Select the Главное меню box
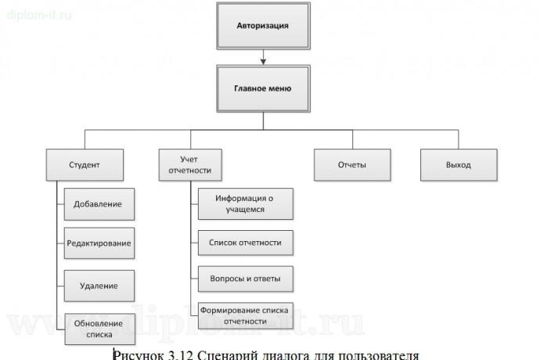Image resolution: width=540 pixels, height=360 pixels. [263, 88]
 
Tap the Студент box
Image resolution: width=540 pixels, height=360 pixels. [84, 165]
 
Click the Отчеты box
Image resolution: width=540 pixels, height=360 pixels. [352, 165]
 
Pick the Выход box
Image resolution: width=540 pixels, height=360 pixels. [458, 165]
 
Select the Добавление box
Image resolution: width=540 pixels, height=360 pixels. [98, 204]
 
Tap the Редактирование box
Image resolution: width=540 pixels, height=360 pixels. [98, 243]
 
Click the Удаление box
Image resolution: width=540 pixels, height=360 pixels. [98, 285]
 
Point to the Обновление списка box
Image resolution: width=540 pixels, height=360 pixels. [98, 326]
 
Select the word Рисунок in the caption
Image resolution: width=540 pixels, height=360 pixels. [136, 354]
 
